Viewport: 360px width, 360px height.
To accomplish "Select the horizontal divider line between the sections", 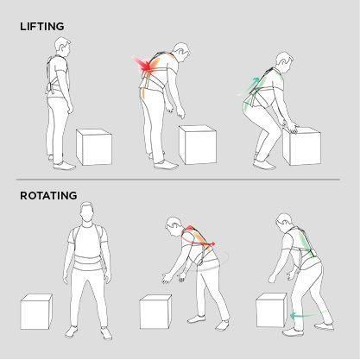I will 180,180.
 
